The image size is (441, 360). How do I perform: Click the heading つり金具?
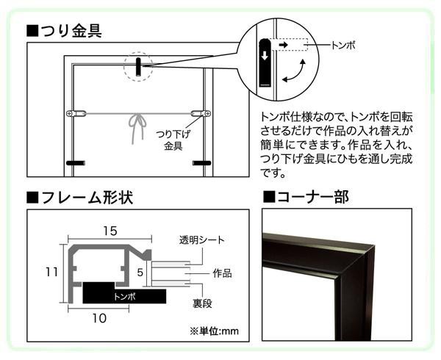pyautogui.click(x=64, y=31)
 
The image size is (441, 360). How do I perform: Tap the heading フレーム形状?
pyautogui.click(x=79, y=198)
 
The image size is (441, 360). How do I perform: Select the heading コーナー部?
pyautogui.click(x=306, y=197)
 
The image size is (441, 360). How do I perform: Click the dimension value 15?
pyautogui.click(x=110, y=231)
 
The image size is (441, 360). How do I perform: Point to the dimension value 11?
pyautogui.click(x=51, y=272)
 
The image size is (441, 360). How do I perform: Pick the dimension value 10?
pyautogui.click(x=99, y=318)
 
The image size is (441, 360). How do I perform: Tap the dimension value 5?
pyautogui.click(x=140, y=273)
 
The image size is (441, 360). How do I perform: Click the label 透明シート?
pyautogui.click(x=202, y=240)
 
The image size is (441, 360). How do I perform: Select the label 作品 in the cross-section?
pyautogui.click(x=222, y=273)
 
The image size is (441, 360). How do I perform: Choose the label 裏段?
pyautogui.click(x=202, y=303)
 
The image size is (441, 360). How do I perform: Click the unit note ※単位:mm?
pyautogui.click(x=214, y=331)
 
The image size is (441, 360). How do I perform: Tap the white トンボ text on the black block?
pyautogui.click(x=124, y=297)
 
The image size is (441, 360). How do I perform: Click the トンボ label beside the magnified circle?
pyautogui.click(x=343, y=46)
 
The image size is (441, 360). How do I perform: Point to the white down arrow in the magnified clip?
pyautogui.click(x=265, y=55)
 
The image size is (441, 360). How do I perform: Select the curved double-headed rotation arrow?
pyautogui.click(x=294, y=71)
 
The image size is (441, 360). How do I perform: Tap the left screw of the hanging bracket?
pyautogui.click(x=70, y=114)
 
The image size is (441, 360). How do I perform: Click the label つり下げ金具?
pyautogui.click(x=173, y=140)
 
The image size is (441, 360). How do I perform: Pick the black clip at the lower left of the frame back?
pyautogui.click(x=76, y=163)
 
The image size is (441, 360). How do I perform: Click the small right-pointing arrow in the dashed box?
pyautogui.click(x=284, y=44)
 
